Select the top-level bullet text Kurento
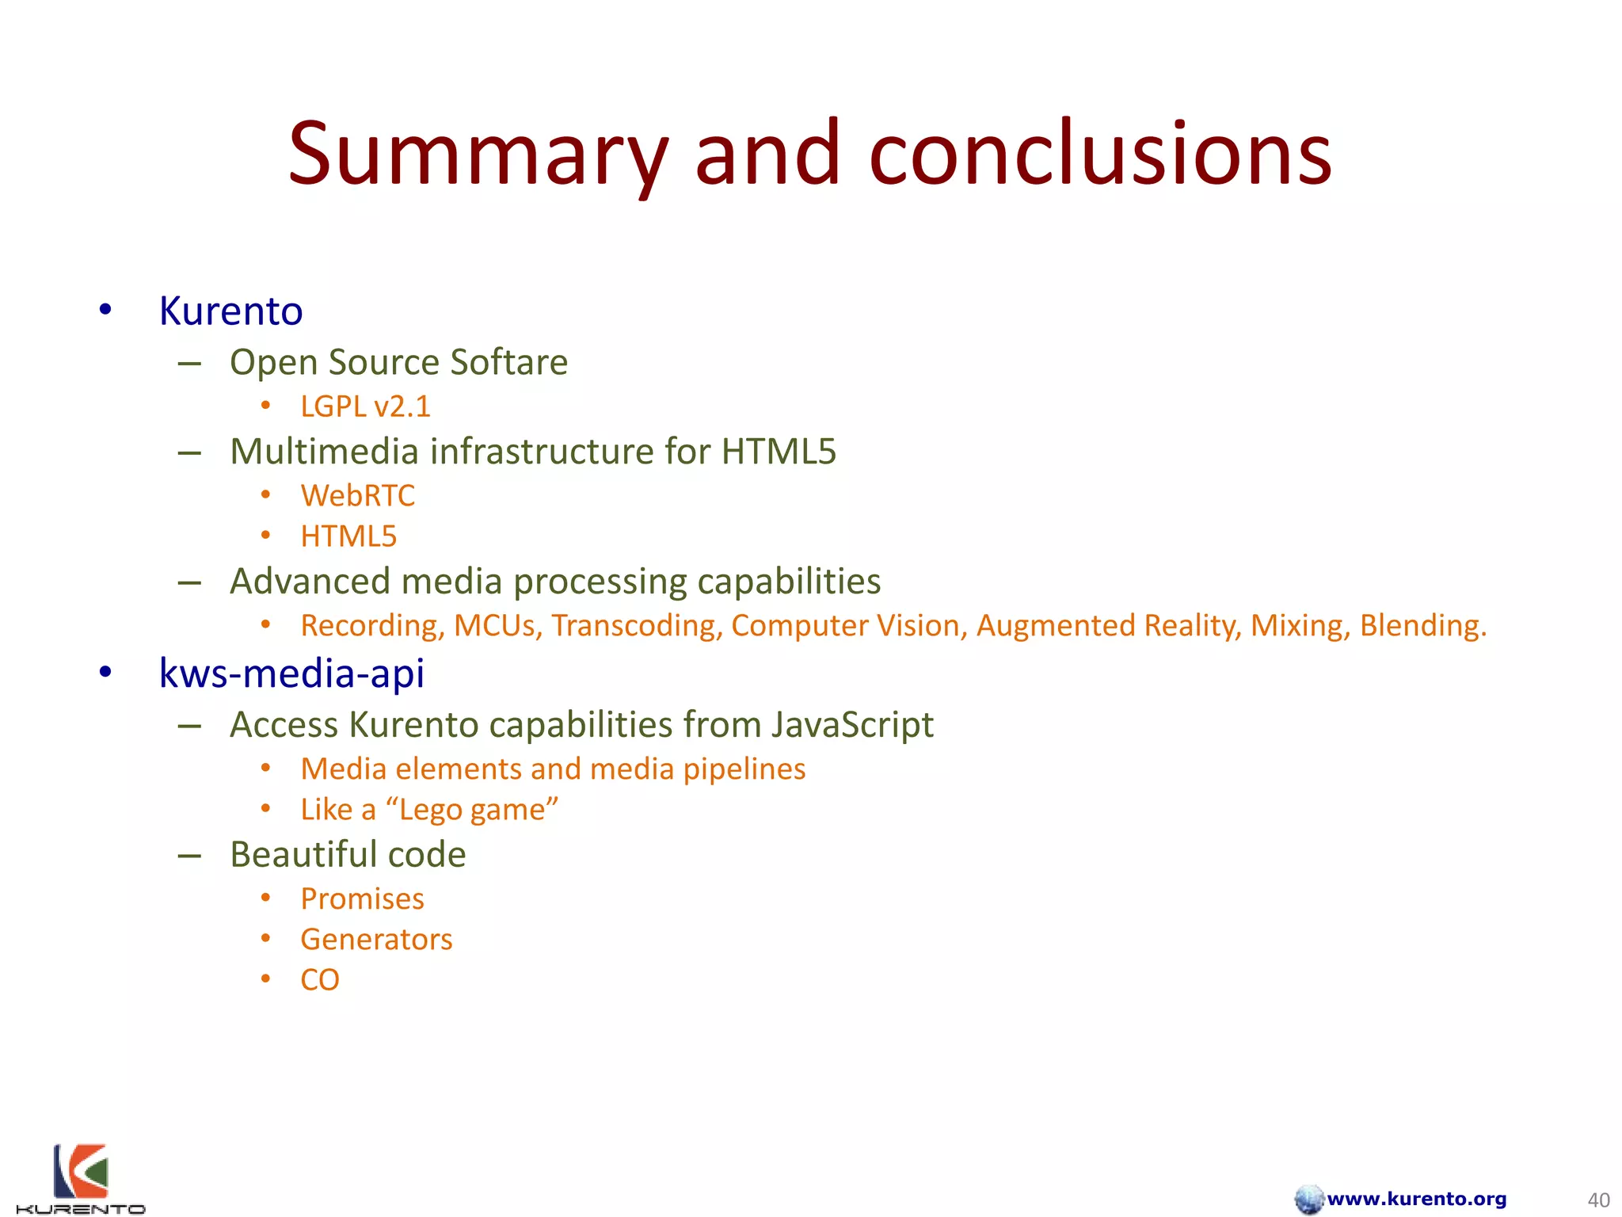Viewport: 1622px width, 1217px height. tap(230, 311)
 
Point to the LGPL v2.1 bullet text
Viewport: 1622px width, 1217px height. tap(365, 407)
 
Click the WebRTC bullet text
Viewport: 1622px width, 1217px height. tap(357, 496)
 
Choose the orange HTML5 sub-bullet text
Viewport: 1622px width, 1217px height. tap(348, 536)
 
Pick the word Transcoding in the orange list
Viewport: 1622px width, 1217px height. tap(637, 626)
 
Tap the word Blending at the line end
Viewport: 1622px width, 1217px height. tap(1422, 626)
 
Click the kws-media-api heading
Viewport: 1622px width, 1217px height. tap(291, 673)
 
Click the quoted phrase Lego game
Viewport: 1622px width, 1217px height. tap(472, 810)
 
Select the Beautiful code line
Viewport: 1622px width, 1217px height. tap(348, 855)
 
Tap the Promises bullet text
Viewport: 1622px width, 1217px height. tap(362, 899)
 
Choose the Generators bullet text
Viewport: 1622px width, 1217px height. tap(376, 940)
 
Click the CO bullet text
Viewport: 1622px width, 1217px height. tap(320, 980)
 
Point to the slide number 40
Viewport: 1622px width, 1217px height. tap(1598, 1200)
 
